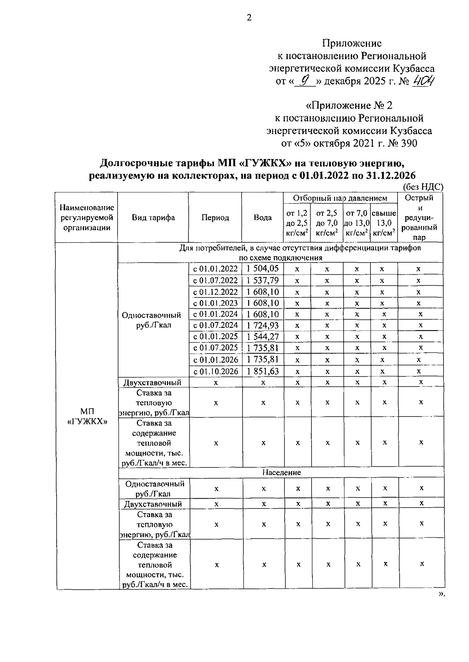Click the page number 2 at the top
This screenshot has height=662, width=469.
pos(249,18)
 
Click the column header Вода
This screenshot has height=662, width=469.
pos(263,218)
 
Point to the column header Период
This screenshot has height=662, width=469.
pos(215,218)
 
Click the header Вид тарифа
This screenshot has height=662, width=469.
pos(153,218)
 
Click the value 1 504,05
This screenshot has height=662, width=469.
pos(263,268)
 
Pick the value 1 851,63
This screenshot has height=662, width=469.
pos(263,371)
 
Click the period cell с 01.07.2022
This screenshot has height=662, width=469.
pos(215,280)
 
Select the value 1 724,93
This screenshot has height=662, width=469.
pos(263,325)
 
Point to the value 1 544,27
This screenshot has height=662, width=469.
pos(263,336)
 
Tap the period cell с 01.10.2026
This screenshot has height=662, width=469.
pos(215,371)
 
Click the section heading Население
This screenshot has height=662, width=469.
pos(281,472)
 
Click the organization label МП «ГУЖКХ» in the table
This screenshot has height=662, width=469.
pos(86,417)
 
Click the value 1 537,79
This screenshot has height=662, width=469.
pos(263,280)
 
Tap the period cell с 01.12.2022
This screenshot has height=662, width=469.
pos(215,292)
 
